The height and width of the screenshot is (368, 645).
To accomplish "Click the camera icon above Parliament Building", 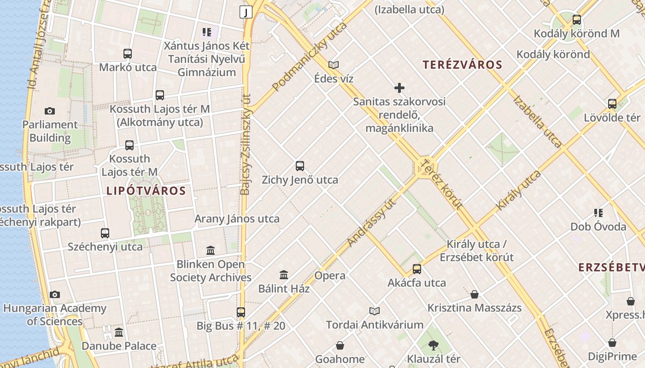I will pos(50,111).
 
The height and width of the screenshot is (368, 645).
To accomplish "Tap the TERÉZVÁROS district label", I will pos(462,65).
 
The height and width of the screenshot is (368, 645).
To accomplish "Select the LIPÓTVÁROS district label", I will pos(146,190).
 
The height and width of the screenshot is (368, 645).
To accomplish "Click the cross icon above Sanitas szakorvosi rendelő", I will pos(399,88).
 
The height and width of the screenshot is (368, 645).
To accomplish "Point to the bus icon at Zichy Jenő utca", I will pos(300,166).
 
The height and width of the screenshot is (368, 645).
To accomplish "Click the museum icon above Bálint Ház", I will pos(284,275).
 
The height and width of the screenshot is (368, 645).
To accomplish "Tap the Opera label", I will pos(330,276).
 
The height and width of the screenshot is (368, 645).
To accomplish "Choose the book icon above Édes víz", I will pos(334,65).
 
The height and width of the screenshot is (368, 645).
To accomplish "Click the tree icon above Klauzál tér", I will pos(433,345).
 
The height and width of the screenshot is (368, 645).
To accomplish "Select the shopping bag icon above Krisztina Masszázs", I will pos(475,294).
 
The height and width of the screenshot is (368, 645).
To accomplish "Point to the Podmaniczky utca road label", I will pos(309,57).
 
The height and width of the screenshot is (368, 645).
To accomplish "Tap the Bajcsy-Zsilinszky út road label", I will pos(246,145).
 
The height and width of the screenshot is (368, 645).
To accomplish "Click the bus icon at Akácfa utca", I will pos(417,269).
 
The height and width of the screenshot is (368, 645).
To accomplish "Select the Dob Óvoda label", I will pos(598,227).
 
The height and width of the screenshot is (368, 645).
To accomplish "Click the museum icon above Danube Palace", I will pos(119,332).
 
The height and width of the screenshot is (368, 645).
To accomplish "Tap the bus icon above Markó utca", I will pos(128,54).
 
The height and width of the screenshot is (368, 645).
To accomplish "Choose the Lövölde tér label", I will pos(612,117).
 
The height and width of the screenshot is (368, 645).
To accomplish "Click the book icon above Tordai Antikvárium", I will pos(375,311).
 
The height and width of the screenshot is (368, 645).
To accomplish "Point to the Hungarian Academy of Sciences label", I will pos(55,315).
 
